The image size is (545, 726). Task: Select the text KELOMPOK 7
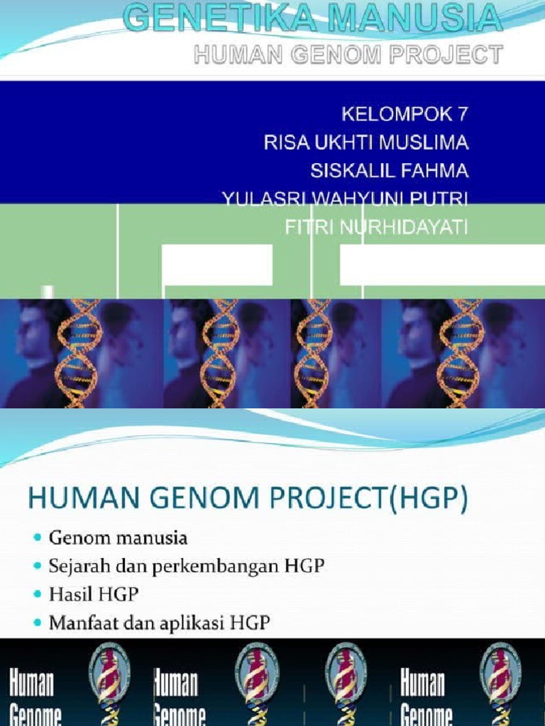(x=405, y=114)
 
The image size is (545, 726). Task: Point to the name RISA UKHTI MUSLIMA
(x=366, y=143)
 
